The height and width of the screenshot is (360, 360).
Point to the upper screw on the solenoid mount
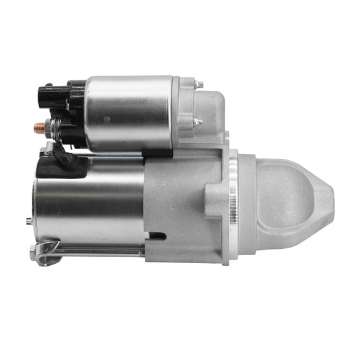pyautogui.click(x=199, y=84)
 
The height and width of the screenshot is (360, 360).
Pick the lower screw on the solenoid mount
pyautogui.click(x=197, y=122)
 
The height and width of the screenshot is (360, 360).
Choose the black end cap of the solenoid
pyautogui.click(x=74, y=114)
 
